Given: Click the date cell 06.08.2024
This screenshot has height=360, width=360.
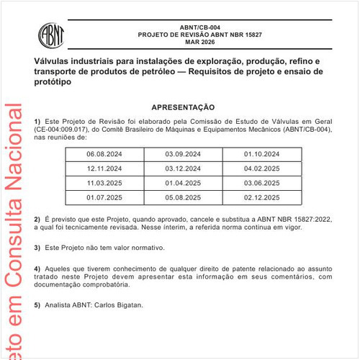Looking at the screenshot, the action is (x=104, y=154).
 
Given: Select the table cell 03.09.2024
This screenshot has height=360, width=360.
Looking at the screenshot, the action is (x=183, y=154).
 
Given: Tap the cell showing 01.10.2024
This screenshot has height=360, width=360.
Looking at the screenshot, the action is (x=261, y=154).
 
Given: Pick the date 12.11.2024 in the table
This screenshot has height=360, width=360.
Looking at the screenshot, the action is (x=104, y=168).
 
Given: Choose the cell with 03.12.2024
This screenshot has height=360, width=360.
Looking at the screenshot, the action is (x=183, y=168).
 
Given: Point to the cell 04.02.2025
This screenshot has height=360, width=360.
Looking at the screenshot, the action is (x=261, y=168).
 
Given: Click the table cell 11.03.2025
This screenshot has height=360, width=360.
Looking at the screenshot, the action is (x=104, y=183).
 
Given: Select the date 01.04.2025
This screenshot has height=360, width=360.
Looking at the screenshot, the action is (x=183, y=183).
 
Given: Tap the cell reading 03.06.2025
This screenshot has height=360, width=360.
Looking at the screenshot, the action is (x=261, y=183).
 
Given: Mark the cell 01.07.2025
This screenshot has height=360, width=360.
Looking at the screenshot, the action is (x=104, y=197).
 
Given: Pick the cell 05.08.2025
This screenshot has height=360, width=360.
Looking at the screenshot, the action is (x=183, y=197).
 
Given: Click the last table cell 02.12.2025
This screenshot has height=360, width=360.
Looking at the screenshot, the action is (x=261, y=197).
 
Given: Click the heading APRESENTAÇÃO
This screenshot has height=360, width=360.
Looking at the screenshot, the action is (x=182, y=107).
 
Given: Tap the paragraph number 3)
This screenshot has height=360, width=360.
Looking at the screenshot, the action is (x=37, y=248).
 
